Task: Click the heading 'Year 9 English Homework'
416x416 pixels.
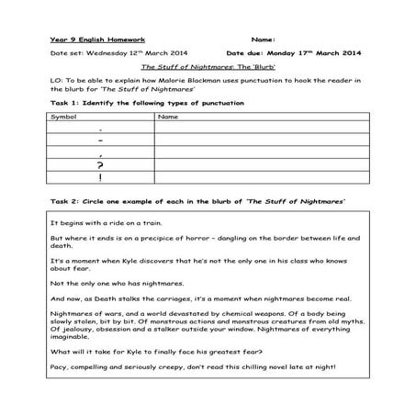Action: [87, 40]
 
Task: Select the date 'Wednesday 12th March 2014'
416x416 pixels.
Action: [137, 53]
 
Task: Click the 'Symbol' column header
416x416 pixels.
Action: [64, 118]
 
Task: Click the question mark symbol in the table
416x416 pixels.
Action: [99, 164]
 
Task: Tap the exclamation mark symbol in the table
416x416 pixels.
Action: [99, 177]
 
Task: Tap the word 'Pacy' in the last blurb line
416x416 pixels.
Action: [60, 368]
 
